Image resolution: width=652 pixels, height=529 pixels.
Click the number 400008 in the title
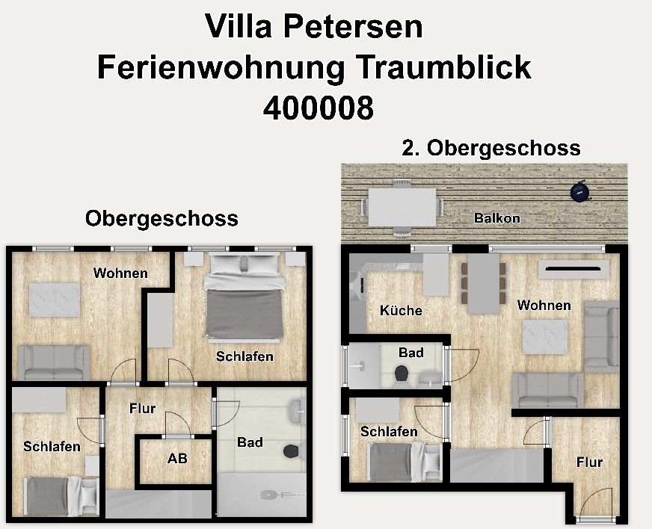pyautogui.click(x=319, y=107)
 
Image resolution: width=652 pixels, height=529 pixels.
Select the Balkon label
pyautogui.click(x=497, y=218)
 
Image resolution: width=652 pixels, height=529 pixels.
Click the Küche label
pyautogui.click(x=401, y=310)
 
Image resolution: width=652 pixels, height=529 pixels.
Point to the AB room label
pyautogui.click(x=177, y=458)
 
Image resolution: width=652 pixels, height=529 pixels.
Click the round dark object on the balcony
pyautogui.click(x=580, y=191)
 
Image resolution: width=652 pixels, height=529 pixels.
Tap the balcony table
pyautogui.click(x=402, y=208)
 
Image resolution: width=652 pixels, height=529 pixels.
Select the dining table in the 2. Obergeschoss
pyautogui.click(x=483, y=283)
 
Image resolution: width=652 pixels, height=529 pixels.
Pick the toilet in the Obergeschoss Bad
pyautogui.click(x=292, y=452)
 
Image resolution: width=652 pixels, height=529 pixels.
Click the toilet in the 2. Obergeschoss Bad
pyautogui.click(x=401, y=375)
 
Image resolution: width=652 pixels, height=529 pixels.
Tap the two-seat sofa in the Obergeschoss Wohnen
pyautogui.click(x=54, y=362)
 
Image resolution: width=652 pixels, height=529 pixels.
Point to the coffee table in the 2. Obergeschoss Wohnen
pyautogui.click(x=545, y=336)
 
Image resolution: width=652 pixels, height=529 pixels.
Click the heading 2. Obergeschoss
pyautogui.click(x=491, y=148)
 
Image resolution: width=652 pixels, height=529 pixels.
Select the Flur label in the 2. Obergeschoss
pyautogui.click(x=589, y=462)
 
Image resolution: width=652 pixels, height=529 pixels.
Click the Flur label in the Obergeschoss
pyautogui.click(x=142, y=409)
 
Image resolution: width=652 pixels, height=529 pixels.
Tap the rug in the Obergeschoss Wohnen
pyautogui.click(x=55, y=300)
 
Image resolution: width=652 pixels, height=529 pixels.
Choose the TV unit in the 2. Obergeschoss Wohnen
pyautogui.click(x=573, y=269)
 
